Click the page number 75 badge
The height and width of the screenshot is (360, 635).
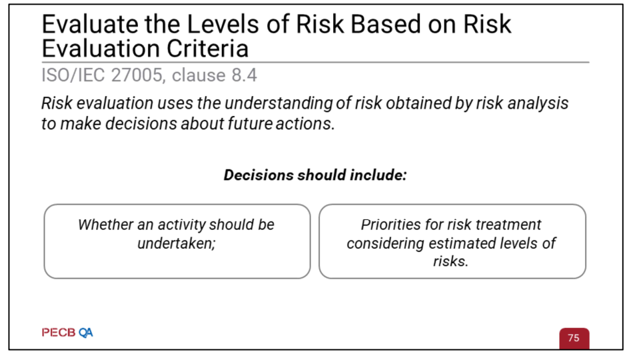(574, 338)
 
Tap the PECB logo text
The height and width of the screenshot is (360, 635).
(59, 333)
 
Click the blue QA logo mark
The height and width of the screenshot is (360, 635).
(86, 333)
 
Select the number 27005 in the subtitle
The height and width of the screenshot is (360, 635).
(138, 75)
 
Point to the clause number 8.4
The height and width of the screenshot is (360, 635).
(244, 75)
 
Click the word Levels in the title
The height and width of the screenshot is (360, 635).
(223, 24)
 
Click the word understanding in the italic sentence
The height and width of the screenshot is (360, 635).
(279, 103)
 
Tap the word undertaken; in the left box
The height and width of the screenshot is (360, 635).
(176, 243)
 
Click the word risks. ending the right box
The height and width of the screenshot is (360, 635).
(450, 261)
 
